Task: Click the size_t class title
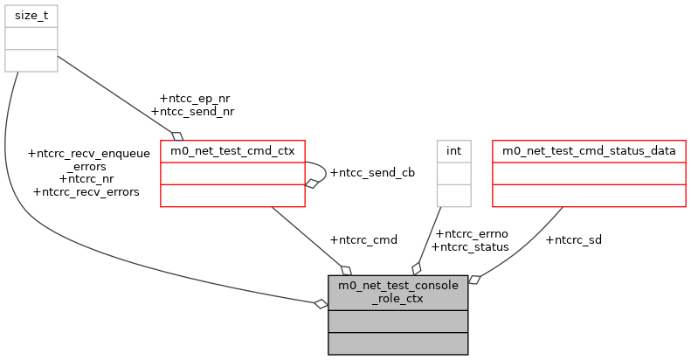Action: [x=31, y=15]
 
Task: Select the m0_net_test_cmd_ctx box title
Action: [x=232, y=151]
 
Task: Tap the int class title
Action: [x=453, y=151]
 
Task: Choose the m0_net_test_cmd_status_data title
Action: [x=589, y=151]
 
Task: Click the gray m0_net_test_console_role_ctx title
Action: [x=397, y=292]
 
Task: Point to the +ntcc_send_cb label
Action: [x=371, y=172]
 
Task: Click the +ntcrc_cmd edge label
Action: [x=363, y=239]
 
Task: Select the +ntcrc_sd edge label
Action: [x=573, y=239]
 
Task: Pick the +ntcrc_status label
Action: [x=470, y=246]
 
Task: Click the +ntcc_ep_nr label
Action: [x=195, y=98]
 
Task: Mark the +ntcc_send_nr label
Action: [x=192, y=111]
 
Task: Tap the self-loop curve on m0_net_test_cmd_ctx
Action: [x=322, y=172]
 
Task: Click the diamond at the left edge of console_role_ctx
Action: [x=321, y=303]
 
